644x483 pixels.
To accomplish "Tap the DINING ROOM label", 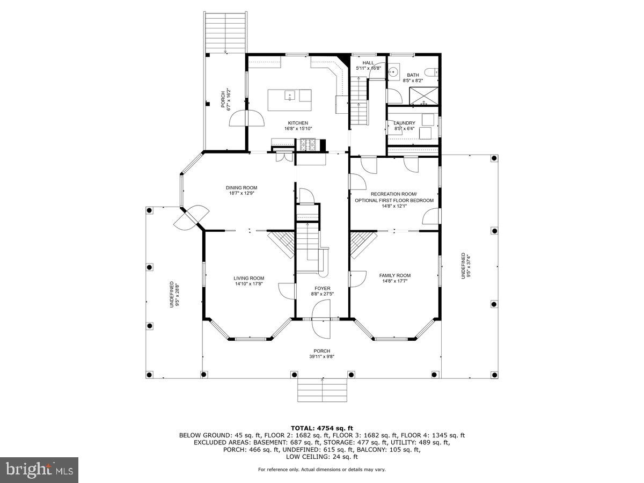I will [241, 188].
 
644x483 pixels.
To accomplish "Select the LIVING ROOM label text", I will [248, 278].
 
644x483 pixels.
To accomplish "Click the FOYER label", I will [323, 288].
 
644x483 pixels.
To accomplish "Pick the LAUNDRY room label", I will [404, 123].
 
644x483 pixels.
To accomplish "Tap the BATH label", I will [412, 75].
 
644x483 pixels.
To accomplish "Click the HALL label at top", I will [368, 63].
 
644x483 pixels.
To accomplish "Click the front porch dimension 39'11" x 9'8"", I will [323, 356].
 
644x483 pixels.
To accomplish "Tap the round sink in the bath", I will [394, 71].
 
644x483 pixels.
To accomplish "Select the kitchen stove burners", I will [308, 144].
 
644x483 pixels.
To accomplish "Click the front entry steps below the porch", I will [322, 390].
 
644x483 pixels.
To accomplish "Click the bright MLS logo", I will [39, 470].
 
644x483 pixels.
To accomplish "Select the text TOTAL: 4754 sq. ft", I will [322, 428].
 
